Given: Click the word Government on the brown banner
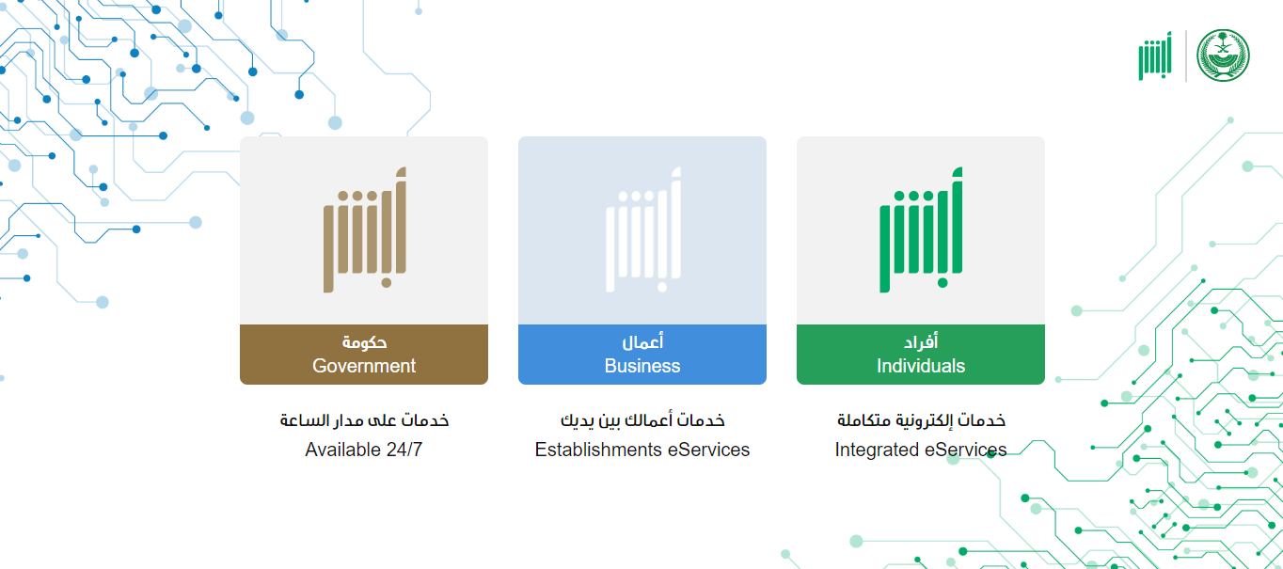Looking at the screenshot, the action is [x=364, y=366].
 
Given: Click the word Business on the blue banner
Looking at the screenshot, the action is [x=642, y=366].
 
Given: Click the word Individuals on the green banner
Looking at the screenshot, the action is [x=921, y=366].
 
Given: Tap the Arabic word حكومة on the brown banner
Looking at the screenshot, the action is [x=364, y=342].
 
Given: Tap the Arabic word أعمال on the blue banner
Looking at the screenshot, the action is [x=642, y=342].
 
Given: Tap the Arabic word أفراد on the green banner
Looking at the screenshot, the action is [x=921, y=342].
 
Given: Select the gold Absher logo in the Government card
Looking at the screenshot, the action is [x=365, y=229].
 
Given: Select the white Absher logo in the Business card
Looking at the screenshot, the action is [x=643, y=229].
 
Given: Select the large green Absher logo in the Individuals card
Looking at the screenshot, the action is [x=921, y=229].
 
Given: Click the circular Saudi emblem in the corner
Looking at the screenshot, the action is [x=1223, y=55].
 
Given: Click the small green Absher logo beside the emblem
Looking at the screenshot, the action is [x=1155, y=55].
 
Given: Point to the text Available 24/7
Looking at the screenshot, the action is [x=364, y=450].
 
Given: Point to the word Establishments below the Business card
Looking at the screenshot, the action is [x=598, y=450].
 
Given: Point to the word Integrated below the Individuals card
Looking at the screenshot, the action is [x=876, y=450].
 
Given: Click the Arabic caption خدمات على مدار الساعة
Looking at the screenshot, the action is [x=364, y=420].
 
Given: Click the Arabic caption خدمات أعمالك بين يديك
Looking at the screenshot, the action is [x=642, y=420].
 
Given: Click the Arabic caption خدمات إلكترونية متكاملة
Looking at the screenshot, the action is [x=921, y=420].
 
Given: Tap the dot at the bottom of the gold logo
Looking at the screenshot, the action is [x=387, y=283].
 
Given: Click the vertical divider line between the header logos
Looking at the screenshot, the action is [x=1185, y=55].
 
